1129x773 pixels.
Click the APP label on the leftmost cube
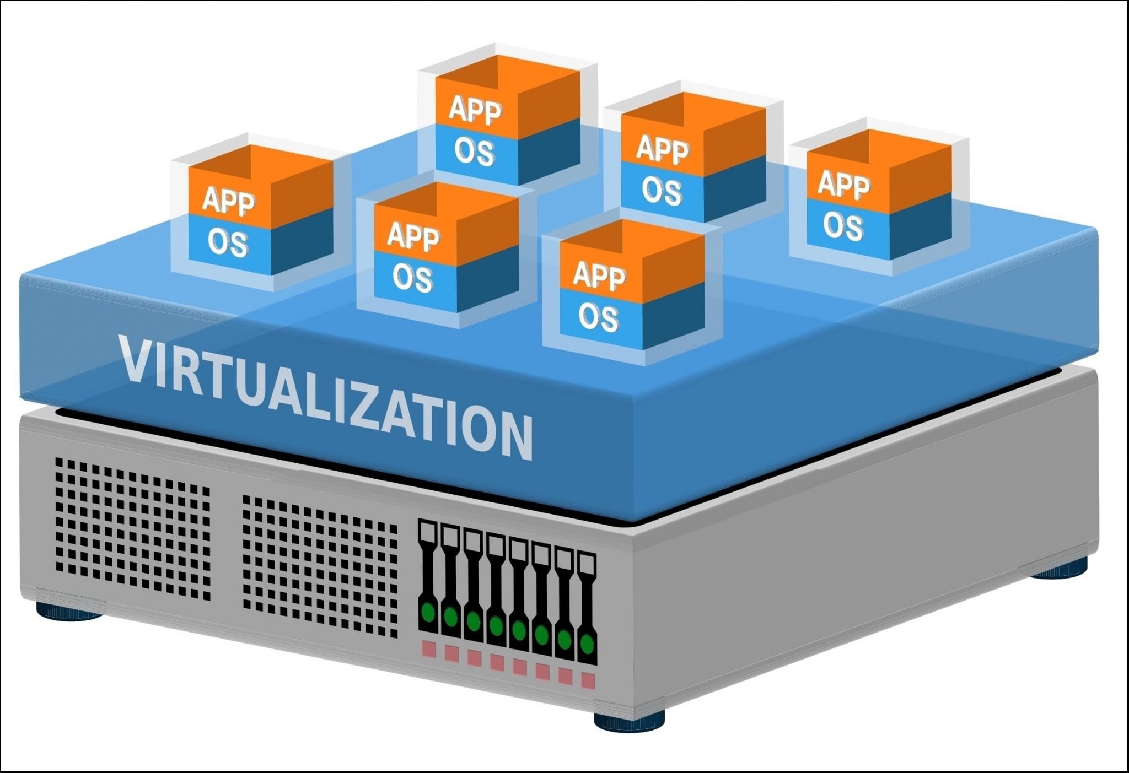[228, 202]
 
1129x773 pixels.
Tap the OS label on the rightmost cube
[843, 226]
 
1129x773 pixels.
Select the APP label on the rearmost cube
[475, 110]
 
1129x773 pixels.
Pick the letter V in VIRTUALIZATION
[135, 361]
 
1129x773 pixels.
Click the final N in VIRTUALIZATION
[513, 437]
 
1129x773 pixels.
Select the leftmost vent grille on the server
[133, 528]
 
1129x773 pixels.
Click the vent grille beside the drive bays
[320, 565]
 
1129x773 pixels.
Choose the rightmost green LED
[587, 642]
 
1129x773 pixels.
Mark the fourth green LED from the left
[496, 625]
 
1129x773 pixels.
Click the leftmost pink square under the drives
[428, 648]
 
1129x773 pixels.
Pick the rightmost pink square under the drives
[588, 681]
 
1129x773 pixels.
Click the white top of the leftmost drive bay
[428, 532]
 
